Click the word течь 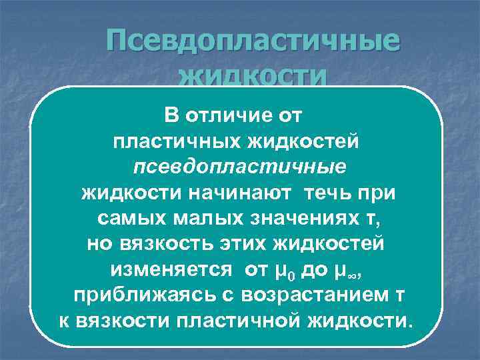click(x=329, y=193)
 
